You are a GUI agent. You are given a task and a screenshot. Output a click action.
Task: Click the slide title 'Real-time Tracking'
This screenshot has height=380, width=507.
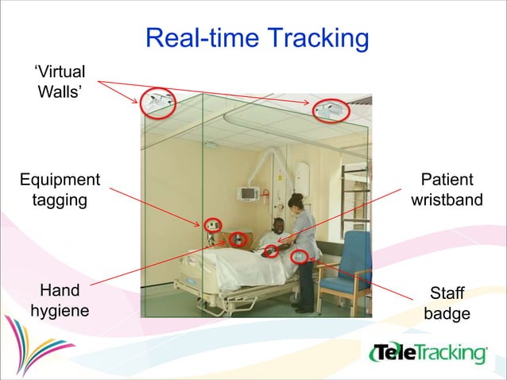(x=257, y=38)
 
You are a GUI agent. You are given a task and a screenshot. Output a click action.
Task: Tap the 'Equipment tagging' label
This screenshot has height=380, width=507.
(x=60, y=190)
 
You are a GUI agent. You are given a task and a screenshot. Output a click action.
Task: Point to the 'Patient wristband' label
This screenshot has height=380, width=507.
(x=447, y=190)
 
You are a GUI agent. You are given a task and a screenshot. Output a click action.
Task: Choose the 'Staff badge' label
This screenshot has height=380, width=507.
(x=447, y=303)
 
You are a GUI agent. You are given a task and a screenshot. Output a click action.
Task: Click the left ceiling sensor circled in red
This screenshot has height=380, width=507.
(x=157, y=103)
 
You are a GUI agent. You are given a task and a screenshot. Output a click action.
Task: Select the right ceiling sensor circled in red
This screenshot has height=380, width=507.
(x=329, y=111)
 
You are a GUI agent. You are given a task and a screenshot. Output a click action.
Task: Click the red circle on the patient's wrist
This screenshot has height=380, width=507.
(x=271, y=251)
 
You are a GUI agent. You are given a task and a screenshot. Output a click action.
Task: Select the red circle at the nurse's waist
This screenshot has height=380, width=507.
(x=300, y=256)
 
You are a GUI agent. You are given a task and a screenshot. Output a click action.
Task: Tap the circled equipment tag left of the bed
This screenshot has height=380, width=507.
(x=212, y=225)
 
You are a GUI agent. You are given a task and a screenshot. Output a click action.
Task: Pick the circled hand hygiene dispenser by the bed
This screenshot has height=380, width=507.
(x=238, y=238)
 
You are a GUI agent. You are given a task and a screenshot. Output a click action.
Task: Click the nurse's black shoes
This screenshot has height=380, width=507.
(x=304, y=308)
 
